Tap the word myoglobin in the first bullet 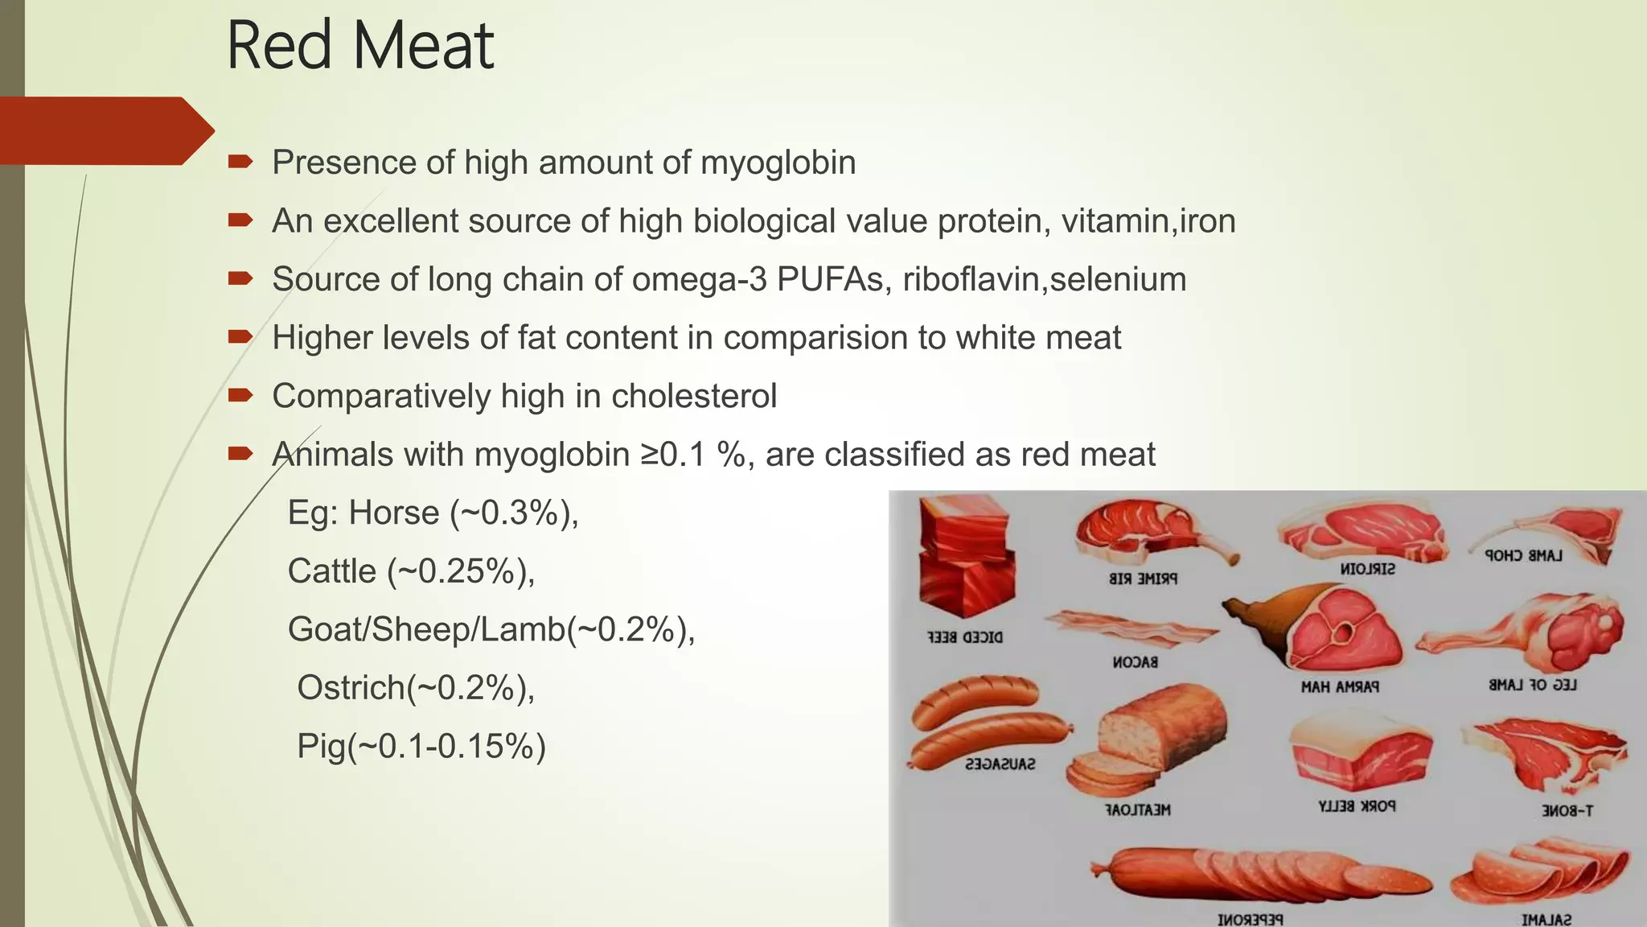click(x=778, y=163)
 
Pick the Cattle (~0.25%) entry click(x=411, y=571)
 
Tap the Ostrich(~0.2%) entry click(x=416, y=688)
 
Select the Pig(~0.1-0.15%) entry click(x=421, y=746)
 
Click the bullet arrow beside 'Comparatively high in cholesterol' click(x=240, y=395)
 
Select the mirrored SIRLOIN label click(x=1367, y=569)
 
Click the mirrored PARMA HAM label click(x=1340, y=686)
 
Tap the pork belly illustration click(x=1359, y=753)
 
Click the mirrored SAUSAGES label click(x=1000, y=764)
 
